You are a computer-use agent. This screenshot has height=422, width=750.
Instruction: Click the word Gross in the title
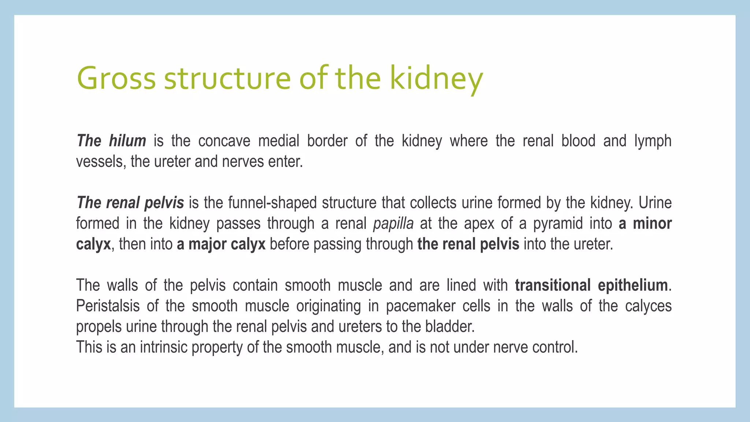[x=116, y=78]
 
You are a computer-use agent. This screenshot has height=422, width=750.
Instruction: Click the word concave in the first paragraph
[x=224, y=141]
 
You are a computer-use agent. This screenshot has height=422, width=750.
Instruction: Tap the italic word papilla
[x=393, y=223]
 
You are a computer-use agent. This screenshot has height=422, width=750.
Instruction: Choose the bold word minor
[x=652, y=223]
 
